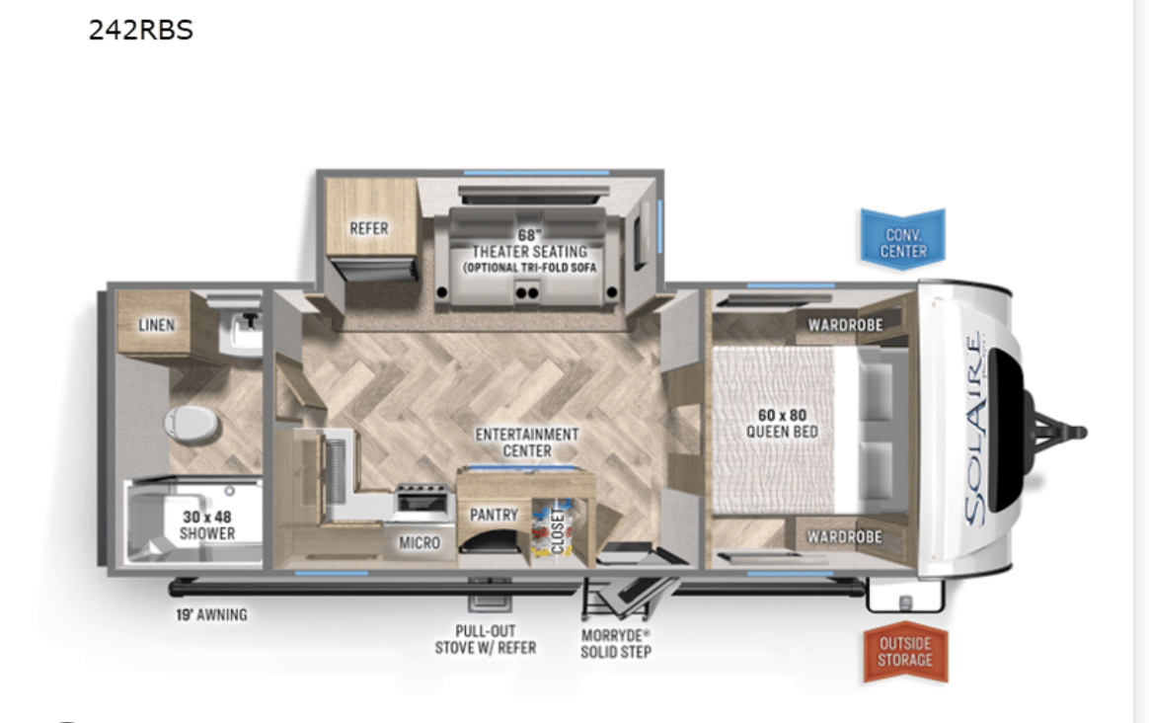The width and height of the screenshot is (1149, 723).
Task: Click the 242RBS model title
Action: click(x=141, y=30)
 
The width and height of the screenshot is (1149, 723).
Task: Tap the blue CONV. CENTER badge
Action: click(x=903, y=239)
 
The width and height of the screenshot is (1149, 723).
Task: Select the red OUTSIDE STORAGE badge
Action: click(x=906, y=652)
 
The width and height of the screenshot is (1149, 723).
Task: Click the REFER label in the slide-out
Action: click(x=368, y=228)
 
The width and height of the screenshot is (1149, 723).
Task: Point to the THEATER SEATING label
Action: click(x=529, y=252)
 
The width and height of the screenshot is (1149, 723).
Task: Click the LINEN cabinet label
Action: click(x=157, y=325)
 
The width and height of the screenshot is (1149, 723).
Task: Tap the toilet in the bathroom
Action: click(x=191, y=423)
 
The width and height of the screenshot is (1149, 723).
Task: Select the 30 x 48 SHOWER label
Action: click(x=207, y=525)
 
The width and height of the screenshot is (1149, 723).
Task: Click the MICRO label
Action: click(x=420, y=542)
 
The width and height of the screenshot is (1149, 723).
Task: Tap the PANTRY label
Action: click(x=494, y=515)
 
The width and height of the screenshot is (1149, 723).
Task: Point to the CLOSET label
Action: click(x=559, y=530)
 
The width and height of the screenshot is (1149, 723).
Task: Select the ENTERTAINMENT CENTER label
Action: click(x=527, y=442)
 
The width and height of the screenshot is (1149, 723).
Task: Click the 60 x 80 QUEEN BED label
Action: click(x=782, y=423)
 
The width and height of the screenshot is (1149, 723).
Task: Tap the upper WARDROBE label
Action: click(x=846, y=325)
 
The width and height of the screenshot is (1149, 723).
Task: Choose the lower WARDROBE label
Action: click(x=845, y=536)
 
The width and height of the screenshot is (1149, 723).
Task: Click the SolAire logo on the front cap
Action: click(x=974, y=429)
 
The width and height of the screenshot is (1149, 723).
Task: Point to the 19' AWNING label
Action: click(x=211, y=614)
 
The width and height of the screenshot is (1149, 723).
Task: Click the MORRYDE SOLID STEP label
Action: click(x=616, y=643)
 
